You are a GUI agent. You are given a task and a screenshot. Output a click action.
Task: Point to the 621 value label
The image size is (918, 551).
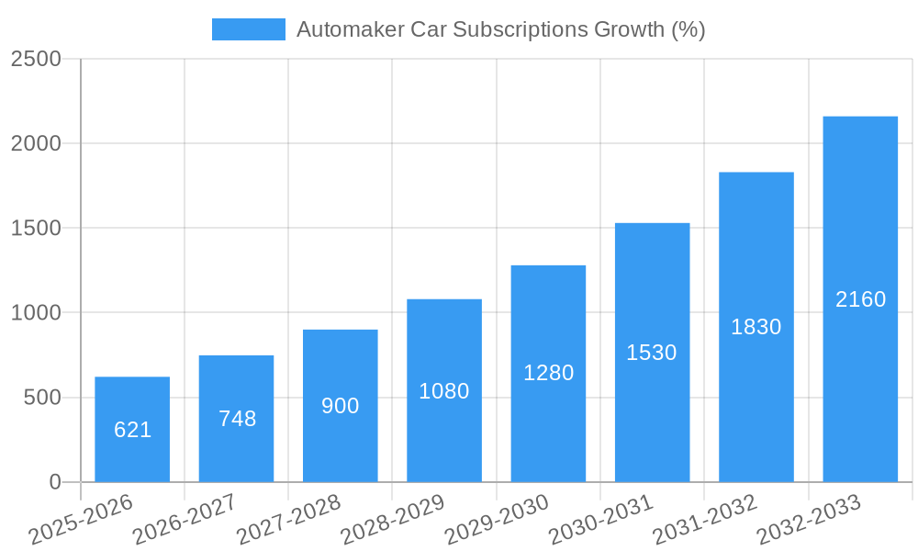pos(132,430)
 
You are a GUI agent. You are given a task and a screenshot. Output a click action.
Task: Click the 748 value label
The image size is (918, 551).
pos(237,419)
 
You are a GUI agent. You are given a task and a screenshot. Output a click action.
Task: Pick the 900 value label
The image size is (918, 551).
pos(341,406)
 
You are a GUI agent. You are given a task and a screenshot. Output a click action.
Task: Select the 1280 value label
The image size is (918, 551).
pos(548,373)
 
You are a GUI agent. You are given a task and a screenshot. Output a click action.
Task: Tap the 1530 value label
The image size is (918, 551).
pos(652,353)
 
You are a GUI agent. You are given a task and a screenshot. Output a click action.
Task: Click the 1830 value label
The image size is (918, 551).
pos(756,327)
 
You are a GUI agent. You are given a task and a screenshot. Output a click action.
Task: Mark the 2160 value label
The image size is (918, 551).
pos(860,299)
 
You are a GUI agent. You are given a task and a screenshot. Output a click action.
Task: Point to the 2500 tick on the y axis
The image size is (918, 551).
pos(36,59)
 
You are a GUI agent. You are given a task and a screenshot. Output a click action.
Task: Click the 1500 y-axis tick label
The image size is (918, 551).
pos(36,229)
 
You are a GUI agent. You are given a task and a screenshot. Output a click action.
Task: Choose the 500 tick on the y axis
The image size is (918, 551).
pos(42,398)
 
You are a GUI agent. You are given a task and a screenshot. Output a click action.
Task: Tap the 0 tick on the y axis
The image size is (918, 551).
pos(54,482)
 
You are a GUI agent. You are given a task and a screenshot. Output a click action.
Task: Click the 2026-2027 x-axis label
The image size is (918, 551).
pos(184,521)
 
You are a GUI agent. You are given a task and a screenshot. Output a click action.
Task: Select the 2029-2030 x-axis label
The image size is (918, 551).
pos(496,521)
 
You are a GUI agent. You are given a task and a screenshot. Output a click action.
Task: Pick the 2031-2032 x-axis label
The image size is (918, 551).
pos(704,521)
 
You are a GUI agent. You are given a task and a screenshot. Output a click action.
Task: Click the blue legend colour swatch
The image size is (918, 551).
pos(248,29)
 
